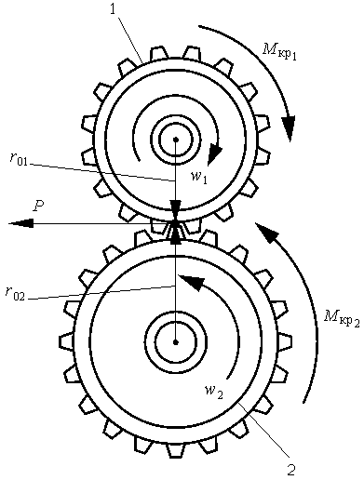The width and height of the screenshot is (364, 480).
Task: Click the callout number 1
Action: pos(113,9)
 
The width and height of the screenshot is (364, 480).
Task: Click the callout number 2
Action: pos(290,470)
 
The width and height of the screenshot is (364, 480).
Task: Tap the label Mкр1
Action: pos(279,52)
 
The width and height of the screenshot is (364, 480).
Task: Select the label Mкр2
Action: pos(343,318)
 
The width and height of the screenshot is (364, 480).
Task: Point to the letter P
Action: pos(38,207)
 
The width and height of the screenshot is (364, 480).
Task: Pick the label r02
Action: pos(15,293)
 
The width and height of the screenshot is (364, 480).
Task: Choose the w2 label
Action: pos(214,392)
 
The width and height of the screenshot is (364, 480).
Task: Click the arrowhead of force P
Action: pos(20,223)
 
